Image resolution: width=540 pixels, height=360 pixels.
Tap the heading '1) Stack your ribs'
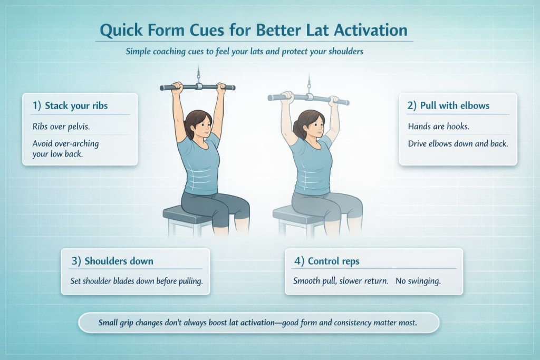pos(70,105)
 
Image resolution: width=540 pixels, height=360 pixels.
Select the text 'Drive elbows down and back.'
pos(458,143)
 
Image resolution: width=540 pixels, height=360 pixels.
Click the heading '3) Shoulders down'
pos(112,261)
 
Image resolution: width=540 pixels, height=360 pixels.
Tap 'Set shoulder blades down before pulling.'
pos(136,281)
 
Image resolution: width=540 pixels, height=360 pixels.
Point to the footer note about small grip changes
pos(258,323)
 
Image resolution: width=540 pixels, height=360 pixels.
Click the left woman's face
pos(200,124)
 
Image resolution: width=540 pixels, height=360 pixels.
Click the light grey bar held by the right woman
pos(308,98)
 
